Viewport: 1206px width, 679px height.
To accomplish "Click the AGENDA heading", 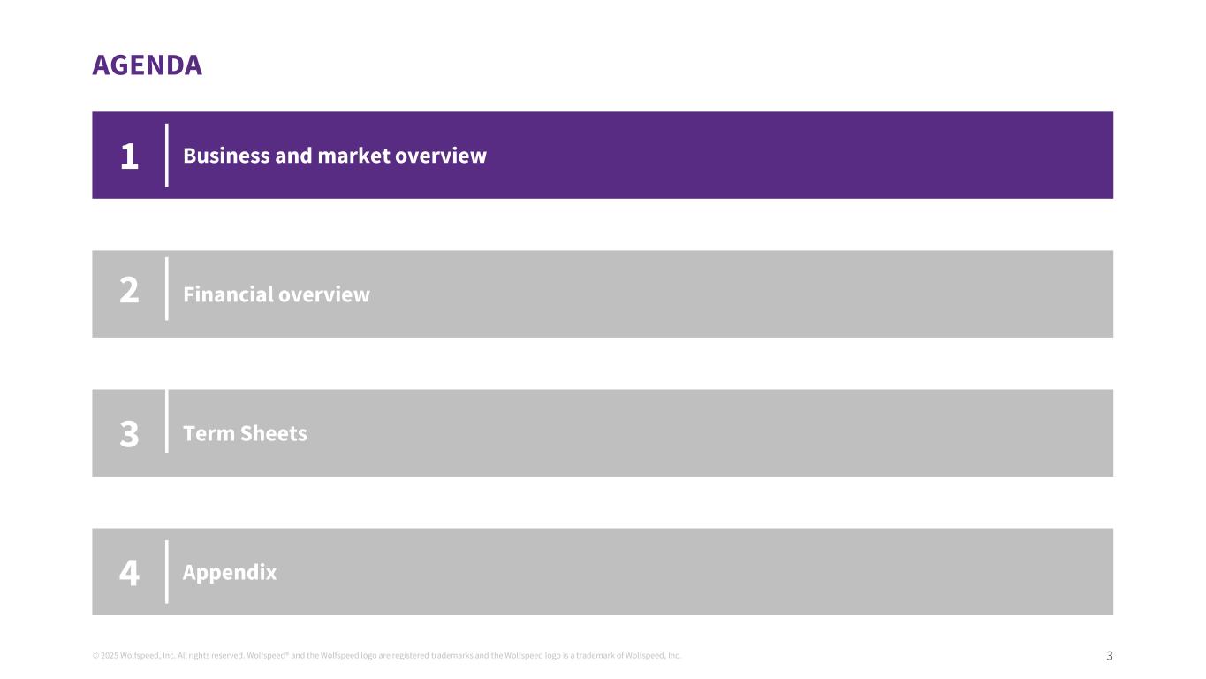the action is point(147,65).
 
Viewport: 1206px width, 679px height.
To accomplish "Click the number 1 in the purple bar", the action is point(129,156).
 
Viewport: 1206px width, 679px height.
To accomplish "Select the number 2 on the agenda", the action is point(129,290).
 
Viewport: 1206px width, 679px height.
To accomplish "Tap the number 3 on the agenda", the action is point(129,434).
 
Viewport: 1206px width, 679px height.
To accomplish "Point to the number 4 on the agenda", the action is point(129,572).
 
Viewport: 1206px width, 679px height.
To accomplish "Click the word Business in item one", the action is point(226,156).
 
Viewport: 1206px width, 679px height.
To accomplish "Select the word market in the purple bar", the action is point(353,156).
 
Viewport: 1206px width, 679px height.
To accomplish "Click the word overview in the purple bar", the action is point(441,156).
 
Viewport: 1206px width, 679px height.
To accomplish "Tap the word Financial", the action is point(228,294).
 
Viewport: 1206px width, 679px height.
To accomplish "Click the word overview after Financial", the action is point(324,294).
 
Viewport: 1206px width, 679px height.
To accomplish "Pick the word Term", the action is point(209,434).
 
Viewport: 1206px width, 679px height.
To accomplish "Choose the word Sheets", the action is point(274,434).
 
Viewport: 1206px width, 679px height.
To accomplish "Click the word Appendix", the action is point(230,573).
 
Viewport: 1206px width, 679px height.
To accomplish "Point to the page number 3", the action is point(1110,656).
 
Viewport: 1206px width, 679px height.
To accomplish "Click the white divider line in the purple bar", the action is point(167,156).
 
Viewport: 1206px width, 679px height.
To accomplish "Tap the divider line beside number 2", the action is point(167,289).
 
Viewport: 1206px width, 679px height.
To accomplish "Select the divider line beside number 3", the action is point(167,422).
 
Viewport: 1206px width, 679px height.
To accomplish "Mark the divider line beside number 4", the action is point(167,572).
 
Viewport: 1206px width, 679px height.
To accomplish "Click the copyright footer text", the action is point(387,656).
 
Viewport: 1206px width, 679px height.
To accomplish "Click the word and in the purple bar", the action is point(293,156).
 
